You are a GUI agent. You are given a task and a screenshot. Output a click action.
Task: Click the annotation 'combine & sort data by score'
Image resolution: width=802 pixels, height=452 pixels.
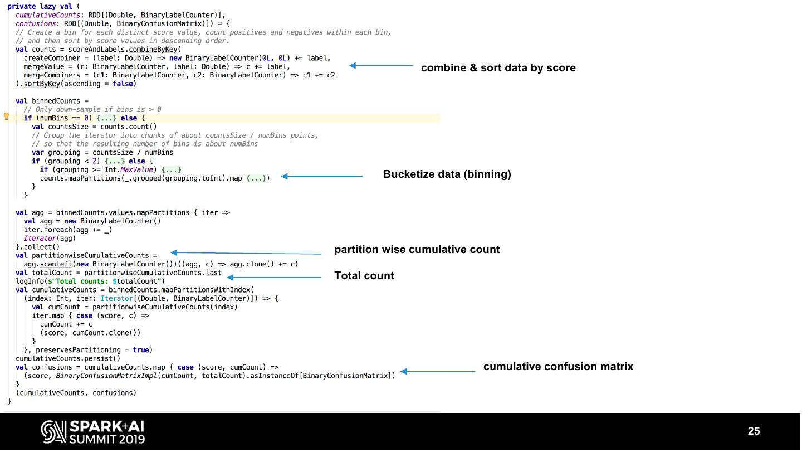click(x=498, y=68)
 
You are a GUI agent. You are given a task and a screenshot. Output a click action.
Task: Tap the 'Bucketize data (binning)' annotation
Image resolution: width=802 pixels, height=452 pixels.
click(x=447, y=174)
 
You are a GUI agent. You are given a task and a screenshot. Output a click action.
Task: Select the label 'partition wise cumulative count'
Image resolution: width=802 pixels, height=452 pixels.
click(x=417, y=250)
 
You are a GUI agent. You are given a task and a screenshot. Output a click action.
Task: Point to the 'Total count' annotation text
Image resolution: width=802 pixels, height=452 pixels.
click(x=364, y=276)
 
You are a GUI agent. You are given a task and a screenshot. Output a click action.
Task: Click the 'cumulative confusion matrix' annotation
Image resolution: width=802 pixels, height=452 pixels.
click(x=558, y=367)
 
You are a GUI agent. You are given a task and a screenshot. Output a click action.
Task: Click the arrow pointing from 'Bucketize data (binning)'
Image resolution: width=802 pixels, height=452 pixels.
click(x=321, y=177)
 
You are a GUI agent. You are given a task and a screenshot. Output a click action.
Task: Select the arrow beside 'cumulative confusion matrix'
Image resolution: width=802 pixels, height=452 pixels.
click(x=438, y=371)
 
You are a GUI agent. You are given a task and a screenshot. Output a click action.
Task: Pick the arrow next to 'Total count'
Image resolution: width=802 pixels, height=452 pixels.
click(x=274, y=277)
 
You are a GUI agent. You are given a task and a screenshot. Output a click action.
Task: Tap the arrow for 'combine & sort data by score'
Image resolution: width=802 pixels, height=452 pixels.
click(x=380, y=66)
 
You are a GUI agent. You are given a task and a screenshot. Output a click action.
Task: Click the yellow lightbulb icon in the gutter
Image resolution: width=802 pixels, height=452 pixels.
click(x=7, y=117)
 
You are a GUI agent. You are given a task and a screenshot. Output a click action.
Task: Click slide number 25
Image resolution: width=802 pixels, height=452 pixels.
click(x=754, y=431)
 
